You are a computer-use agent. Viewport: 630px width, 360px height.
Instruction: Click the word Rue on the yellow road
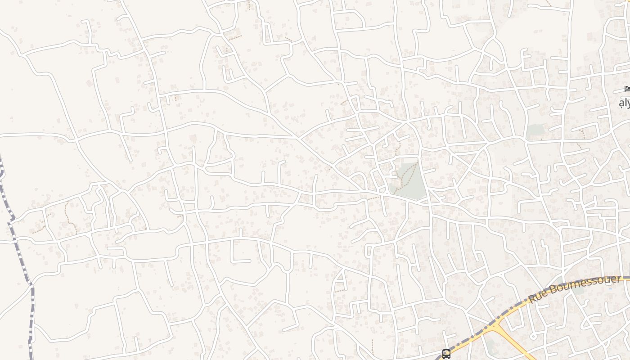(x=538, y=297)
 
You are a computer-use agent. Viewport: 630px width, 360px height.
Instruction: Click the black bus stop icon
(x=446, y=354)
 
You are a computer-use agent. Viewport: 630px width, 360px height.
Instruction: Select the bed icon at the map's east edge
(x=627, y=89)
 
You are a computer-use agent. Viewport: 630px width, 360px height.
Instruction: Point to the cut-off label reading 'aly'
(x=625, y=103)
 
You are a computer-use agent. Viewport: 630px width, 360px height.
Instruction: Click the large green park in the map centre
(x=409, y=180)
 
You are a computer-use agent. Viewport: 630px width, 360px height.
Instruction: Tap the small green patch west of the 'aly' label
(x=535, y=130)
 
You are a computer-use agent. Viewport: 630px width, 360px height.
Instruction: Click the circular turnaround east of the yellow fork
(x=533, y=336)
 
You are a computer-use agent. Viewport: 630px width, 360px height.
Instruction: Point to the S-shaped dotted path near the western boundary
(x=67, y=216)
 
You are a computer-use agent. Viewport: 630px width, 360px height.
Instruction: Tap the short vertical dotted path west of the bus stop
(x=372, y=346)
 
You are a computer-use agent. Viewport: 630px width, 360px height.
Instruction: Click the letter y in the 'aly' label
(x=628, y=104)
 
